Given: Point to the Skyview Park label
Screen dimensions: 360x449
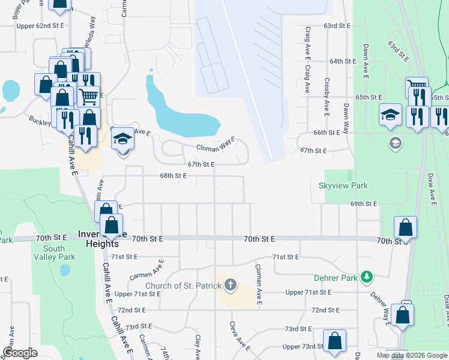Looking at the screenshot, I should tap(343, 186).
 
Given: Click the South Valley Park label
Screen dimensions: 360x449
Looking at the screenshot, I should tap(54, 253).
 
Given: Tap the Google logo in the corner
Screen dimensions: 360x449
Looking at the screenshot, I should tap(20, 353).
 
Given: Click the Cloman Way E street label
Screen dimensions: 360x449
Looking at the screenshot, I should tap(215, 145).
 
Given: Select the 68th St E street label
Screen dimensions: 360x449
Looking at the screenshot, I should tap(173, 176).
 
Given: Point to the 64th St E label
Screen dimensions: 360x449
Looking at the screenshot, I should tap(344, 61).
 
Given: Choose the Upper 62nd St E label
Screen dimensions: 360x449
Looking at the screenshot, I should tap(40, 26).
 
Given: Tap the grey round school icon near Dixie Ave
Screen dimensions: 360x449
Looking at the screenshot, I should tap(395, 143).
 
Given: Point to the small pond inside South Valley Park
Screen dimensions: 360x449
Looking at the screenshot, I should tap(65, 270).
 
